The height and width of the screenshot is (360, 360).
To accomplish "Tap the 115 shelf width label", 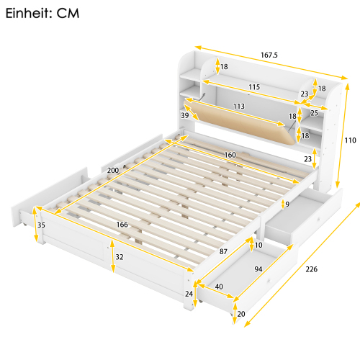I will tap(253, 87).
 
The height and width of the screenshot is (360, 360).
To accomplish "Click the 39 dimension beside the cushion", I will tap(185, 116).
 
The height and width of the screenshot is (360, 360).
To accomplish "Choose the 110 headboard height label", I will tap(350, 141).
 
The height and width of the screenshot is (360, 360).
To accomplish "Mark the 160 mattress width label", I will tap(229, 154).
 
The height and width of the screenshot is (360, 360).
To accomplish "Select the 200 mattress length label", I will tap(112, 170).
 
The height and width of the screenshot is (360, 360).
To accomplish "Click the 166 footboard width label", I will tap(122, 225).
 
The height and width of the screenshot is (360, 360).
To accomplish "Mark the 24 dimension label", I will tap(189, 293).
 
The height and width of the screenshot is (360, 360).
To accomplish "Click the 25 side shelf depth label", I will tap(313, 112).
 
